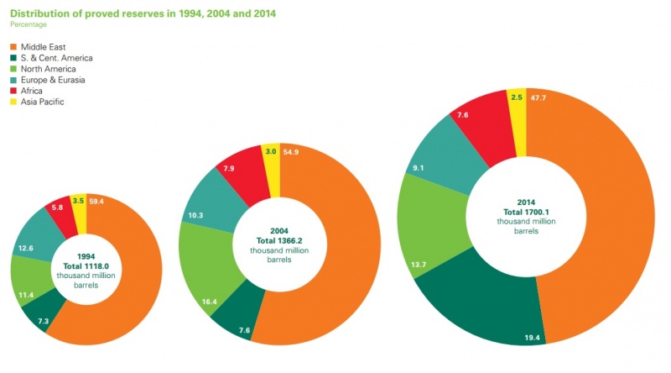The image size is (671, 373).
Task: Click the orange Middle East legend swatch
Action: [14, 47]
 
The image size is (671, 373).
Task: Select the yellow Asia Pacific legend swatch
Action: [14, 102]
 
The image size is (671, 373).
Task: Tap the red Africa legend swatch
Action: [14, 91]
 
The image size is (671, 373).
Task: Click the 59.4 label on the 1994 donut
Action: [96, 202]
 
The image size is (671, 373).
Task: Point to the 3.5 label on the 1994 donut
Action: [78, 202]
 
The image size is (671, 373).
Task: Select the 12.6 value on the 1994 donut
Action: [25, 248]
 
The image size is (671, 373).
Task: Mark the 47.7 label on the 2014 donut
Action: [539, 97]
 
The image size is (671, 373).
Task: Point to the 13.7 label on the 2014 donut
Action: [417, 265]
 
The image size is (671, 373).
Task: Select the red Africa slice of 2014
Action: [480, 128]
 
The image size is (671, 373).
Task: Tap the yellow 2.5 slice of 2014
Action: [517, 118]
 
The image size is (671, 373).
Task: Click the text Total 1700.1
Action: [525, 212]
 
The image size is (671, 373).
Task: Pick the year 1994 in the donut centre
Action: [86, 256]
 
